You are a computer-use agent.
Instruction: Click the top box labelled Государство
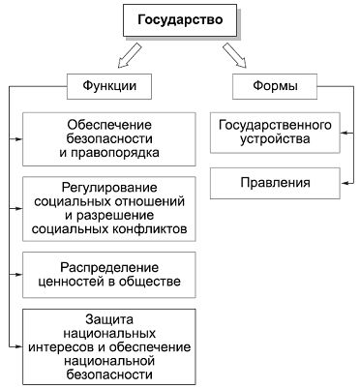click(179, 17)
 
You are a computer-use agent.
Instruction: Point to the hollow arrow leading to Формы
click(233, 53)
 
